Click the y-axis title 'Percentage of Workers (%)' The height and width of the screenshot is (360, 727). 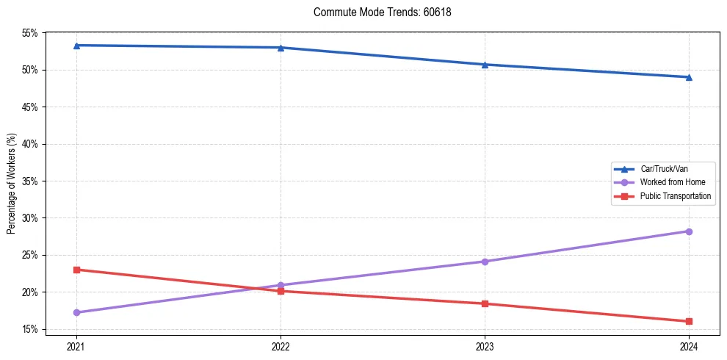pos(12,184)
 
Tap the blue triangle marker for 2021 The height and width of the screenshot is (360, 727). pos(76,46)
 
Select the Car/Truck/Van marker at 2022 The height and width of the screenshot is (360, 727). pos(281,48)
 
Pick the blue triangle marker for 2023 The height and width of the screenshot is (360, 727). pos(485,65)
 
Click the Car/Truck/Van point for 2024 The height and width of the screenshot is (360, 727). pos(689,77)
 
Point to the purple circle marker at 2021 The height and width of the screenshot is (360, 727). pos(76,312)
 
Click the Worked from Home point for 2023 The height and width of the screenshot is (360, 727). pos(485,262)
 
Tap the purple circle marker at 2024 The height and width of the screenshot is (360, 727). pos(689,231)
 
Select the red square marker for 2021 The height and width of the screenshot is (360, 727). pos(76,270)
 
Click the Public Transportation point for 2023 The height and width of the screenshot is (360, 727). pos(485,303)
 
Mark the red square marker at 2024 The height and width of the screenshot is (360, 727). pos(689,321)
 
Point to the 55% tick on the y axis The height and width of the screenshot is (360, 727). pos(30,33)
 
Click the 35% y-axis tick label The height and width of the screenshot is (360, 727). pos(30,181)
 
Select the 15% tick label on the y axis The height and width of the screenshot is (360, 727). pos(30,329)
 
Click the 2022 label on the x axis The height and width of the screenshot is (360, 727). pos(281,346)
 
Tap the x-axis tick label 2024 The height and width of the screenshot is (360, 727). pos(689,346)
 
